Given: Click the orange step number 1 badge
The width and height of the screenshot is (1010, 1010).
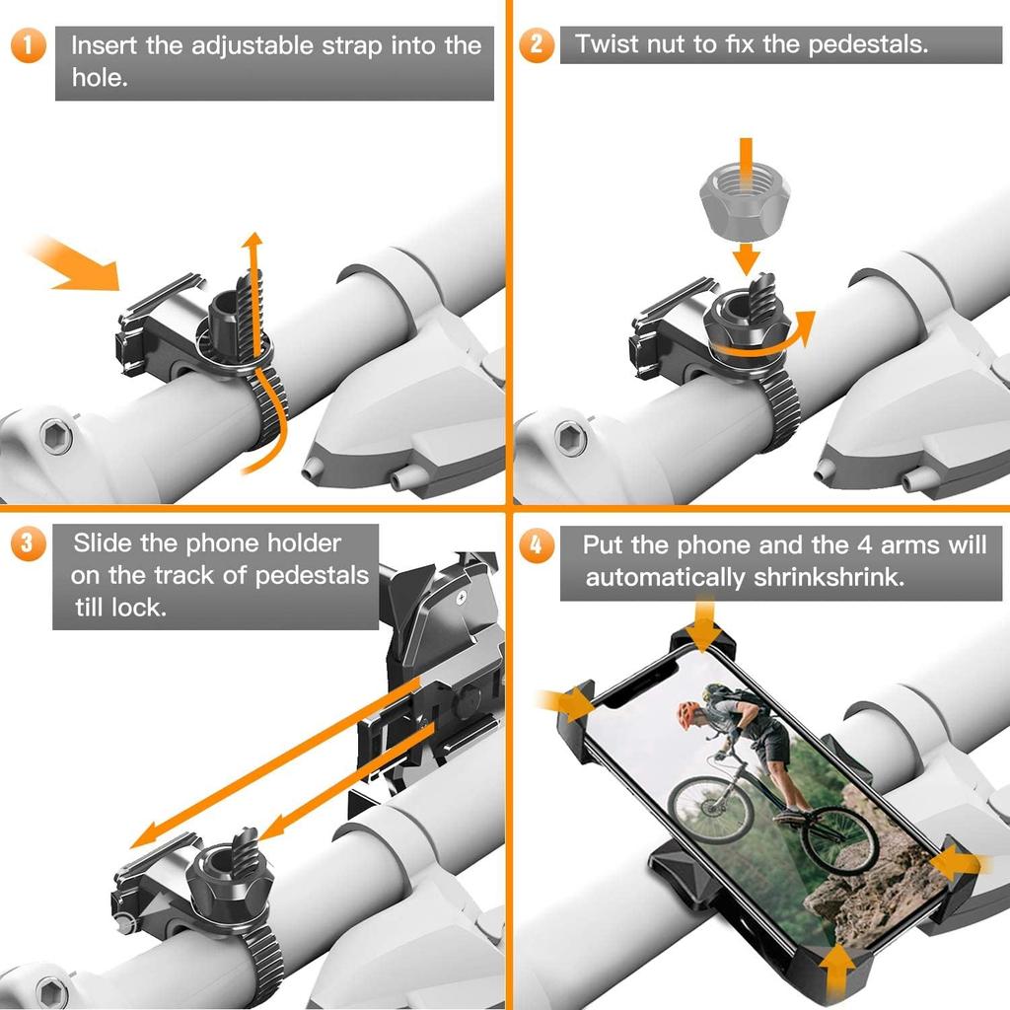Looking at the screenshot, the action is (29, 45).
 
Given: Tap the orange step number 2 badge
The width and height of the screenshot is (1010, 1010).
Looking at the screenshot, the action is (536, 44).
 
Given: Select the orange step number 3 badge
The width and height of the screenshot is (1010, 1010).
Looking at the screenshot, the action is (29, 543).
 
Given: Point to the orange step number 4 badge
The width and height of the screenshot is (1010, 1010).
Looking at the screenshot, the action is (536, 544).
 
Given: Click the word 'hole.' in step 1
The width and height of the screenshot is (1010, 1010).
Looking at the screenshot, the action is (100, 77).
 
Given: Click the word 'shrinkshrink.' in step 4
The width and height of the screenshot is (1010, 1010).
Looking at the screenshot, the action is (829, 577).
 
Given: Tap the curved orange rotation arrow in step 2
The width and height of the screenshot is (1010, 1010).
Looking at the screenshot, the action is (766, 341).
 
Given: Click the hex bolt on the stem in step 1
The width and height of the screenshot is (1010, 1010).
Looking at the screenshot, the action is (56, 436).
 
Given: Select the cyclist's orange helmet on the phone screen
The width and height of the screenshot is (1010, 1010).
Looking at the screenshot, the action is (688, 714).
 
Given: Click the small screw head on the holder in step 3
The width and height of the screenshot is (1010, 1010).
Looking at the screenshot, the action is (462, 599).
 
